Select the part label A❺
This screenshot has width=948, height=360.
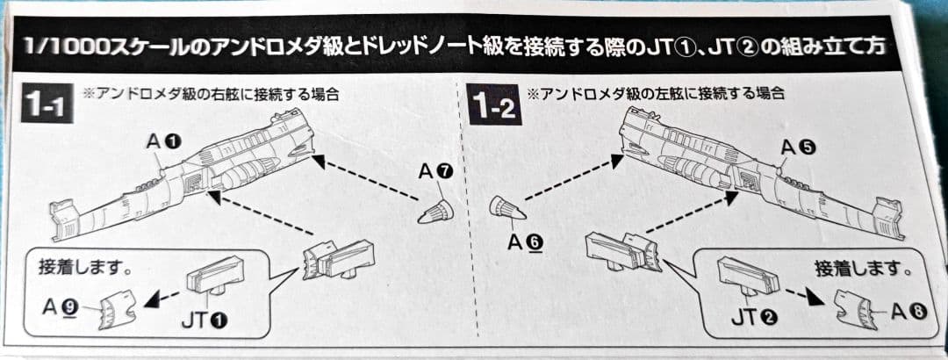click(x=800, y=148)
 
